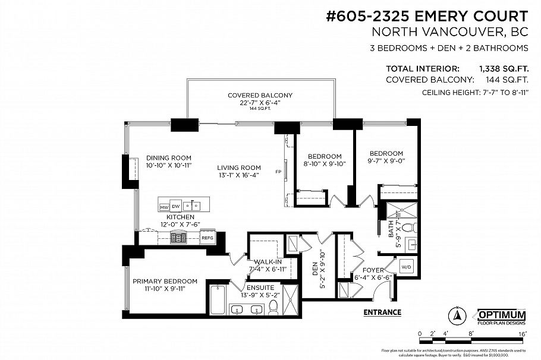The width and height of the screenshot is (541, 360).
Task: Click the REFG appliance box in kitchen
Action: coord(207,238)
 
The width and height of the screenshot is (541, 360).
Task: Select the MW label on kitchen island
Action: coord(164,207)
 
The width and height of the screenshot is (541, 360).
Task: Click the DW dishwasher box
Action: coord(176,207)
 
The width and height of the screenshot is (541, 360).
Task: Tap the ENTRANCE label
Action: coord(381,312)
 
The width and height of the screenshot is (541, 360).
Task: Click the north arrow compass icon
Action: coord(458,315)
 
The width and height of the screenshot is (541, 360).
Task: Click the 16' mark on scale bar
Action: coord(522,334)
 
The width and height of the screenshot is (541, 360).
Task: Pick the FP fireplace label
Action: coord(278,172)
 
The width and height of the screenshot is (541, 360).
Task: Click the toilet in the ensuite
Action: coord(273,307)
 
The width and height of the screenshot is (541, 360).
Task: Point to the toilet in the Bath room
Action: coord(408,228)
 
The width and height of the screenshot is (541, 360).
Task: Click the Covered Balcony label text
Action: coord(260,95)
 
